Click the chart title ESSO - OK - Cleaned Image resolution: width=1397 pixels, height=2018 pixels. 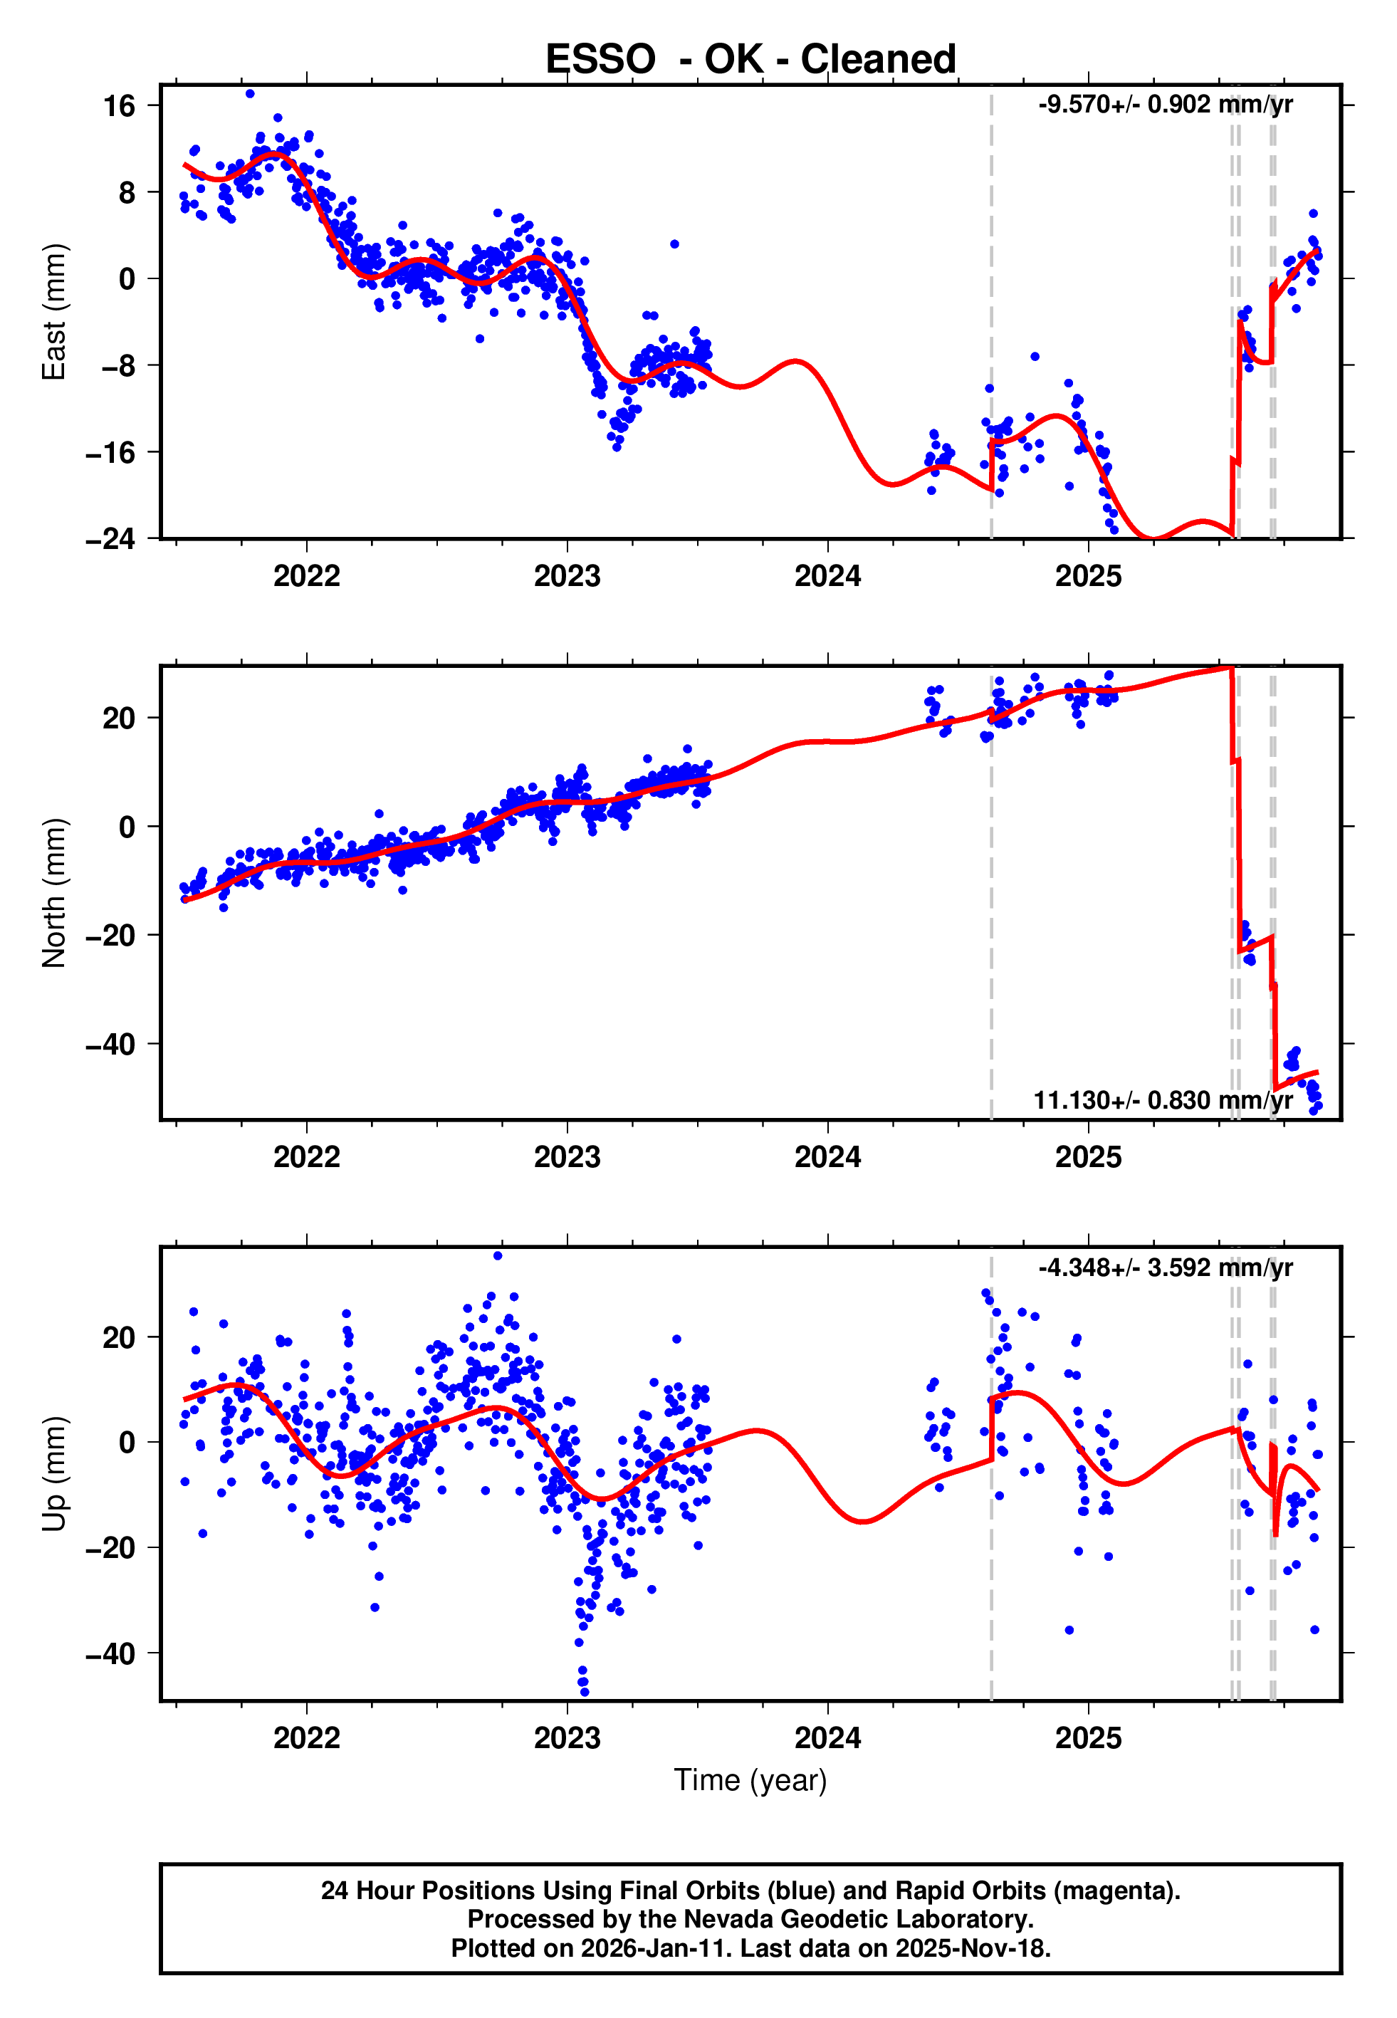(750, 60)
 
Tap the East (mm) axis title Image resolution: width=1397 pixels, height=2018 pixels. (54, 312)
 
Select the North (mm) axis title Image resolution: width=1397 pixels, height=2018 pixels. (54, 893)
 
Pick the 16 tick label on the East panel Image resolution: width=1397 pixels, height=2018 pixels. (119, 106)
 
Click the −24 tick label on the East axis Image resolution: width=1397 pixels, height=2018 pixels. (111, 538)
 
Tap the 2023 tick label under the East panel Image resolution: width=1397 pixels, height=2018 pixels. (567, 576)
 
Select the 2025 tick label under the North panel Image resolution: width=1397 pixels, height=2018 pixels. (1088, 1157)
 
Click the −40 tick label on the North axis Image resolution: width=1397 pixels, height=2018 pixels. (111, 1044)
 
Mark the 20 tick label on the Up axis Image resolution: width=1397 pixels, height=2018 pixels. (119, 1337)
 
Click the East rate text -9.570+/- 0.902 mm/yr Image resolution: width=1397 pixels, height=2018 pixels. (1165, 104)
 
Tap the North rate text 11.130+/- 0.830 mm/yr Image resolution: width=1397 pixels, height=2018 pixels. (1163, 1100)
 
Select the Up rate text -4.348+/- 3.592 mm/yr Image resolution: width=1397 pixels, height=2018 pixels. (1165, 1267)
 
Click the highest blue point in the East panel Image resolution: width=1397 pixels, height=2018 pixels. (251, 93)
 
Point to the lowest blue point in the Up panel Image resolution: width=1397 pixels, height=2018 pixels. (585, 1692)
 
